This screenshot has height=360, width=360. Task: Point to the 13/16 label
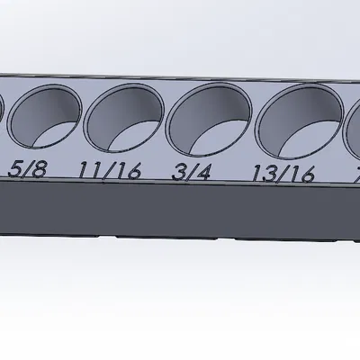point(283,174)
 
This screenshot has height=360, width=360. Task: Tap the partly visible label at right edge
point(356,174)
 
